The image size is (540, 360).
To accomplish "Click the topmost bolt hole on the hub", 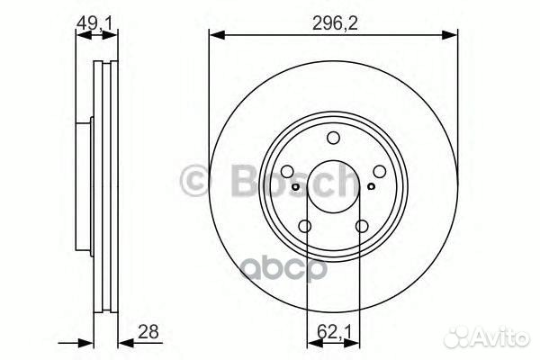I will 332,138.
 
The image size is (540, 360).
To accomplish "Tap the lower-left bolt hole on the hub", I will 304,227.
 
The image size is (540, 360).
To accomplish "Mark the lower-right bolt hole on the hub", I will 361,227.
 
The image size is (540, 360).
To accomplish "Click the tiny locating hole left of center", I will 294,187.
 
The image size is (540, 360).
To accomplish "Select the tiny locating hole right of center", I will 371,187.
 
